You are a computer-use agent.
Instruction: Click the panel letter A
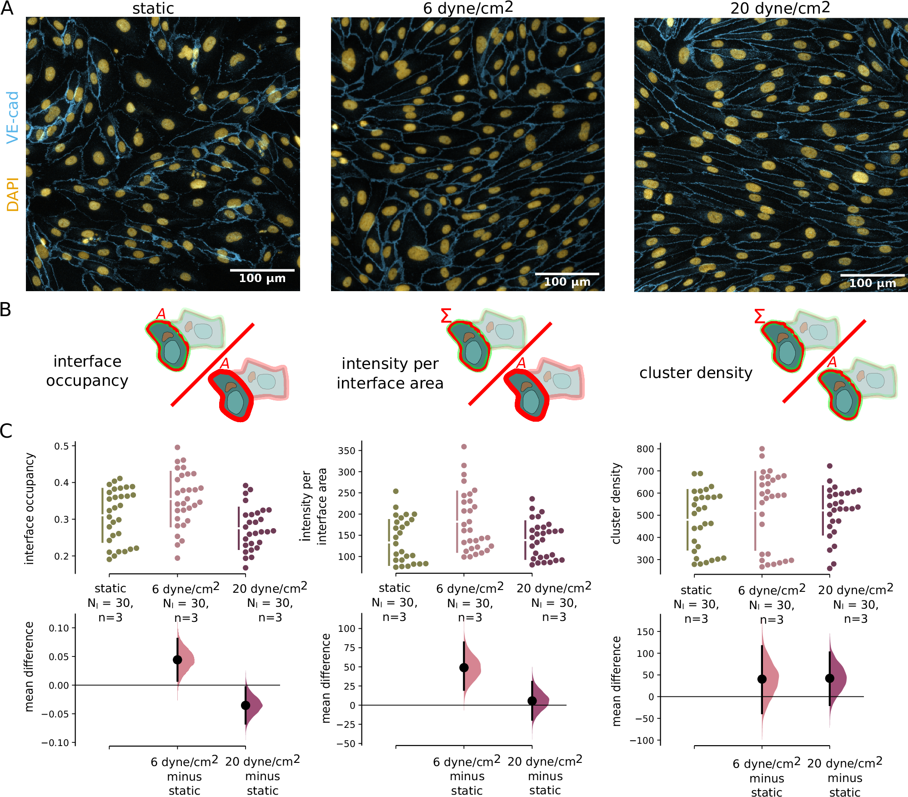(7, 9)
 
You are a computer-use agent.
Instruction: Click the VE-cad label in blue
(13, 117)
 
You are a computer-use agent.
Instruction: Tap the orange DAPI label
(13, 195)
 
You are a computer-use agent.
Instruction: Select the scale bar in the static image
(262, 270)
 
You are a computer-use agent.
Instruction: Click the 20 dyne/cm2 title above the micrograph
(780, 8)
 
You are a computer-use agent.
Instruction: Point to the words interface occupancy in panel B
(87, 371)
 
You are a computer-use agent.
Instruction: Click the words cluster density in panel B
(696, 373)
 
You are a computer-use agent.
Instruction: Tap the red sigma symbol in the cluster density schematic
(759, 316)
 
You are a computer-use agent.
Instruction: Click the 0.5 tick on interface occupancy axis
(61, 446)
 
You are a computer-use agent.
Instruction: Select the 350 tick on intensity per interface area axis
(346, 451)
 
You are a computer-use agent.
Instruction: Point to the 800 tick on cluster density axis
(645, 449)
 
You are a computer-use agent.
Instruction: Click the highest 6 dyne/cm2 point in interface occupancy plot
(177, 448)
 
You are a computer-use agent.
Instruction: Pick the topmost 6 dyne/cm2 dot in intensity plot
(464, 447)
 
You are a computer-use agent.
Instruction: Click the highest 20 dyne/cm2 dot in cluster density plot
(829, 466)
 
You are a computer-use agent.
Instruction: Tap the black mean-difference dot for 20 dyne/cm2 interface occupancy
(246, 705)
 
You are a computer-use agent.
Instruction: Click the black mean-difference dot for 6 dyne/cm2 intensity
(464, 667)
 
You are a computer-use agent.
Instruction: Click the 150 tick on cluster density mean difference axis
(645, 631)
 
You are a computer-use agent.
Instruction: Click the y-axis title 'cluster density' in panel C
(616, 504)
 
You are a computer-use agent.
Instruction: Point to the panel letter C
(6, 431)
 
